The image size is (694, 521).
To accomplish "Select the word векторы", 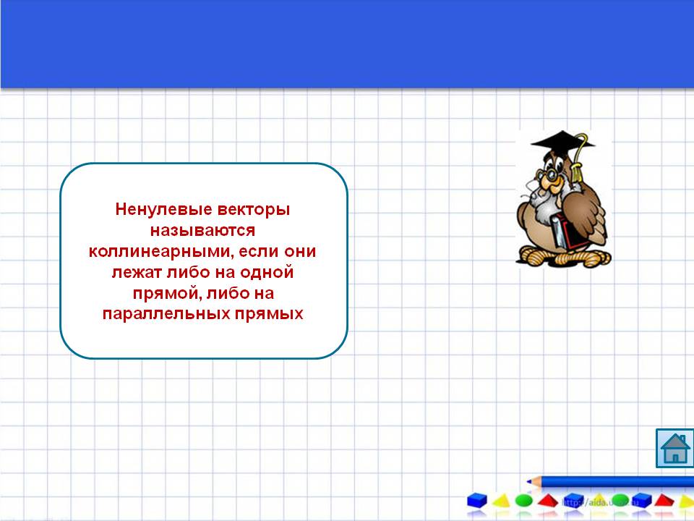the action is (253, 210).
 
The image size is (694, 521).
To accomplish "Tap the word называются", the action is (202, 231).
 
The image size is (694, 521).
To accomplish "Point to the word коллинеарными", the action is (160, 252).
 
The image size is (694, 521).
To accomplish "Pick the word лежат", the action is (137, 273).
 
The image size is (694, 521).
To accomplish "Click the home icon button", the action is (674, 448).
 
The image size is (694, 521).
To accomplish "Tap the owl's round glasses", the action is (548, 175).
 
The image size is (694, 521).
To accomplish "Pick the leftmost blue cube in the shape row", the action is (476, 500).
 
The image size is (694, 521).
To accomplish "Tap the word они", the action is (301, 252).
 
